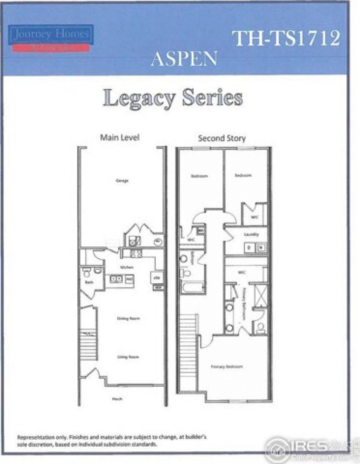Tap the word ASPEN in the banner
pos(184,59)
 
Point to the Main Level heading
pos(120,138)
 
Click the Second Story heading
pos(222,138)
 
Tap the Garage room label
pos(122,180)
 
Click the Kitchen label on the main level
pos(127,267)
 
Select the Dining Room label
pos(128,318)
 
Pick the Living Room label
pos(128,357)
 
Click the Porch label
pos(117,399)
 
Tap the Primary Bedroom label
pos(227,367)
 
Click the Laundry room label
pos(251,234)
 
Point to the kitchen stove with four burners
pos(136,253)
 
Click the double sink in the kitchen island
pos(116,279)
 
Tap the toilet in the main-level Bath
pos(87,273)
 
